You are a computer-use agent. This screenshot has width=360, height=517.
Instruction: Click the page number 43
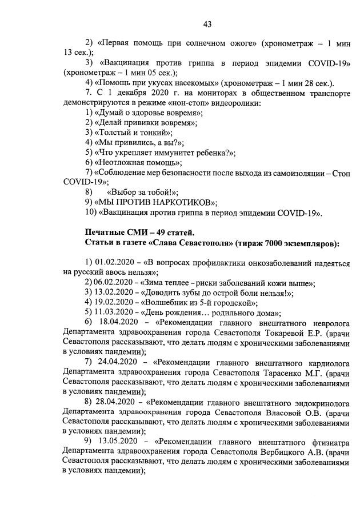tap(207, 23)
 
